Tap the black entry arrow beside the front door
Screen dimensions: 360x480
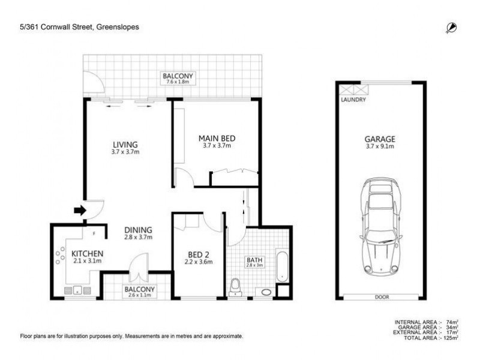click(x=79, y=209)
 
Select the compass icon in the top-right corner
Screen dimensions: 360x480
click(x=451, y=27)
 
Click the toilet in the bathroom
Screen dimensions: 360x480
click(x=237, y=287)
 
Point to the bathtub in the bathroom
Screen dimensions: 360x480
click(x=281, y=268)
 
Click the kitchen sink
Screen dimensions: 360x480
click(x=77, y=292)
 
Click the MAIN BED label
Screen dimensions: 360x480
click(x=216, y=138)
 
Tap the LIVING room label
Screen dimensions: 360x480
click(x=125, y=144)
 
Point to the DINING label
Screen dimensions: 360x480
click(x=138, y=229)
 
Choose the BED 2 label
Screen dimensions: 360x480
click(x=199, y=253)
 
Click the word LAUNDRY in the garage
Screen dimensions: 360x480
click(x=353, y=100)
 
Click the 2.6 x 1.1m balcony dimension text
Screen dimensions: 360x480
click(x=139, y=295)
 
